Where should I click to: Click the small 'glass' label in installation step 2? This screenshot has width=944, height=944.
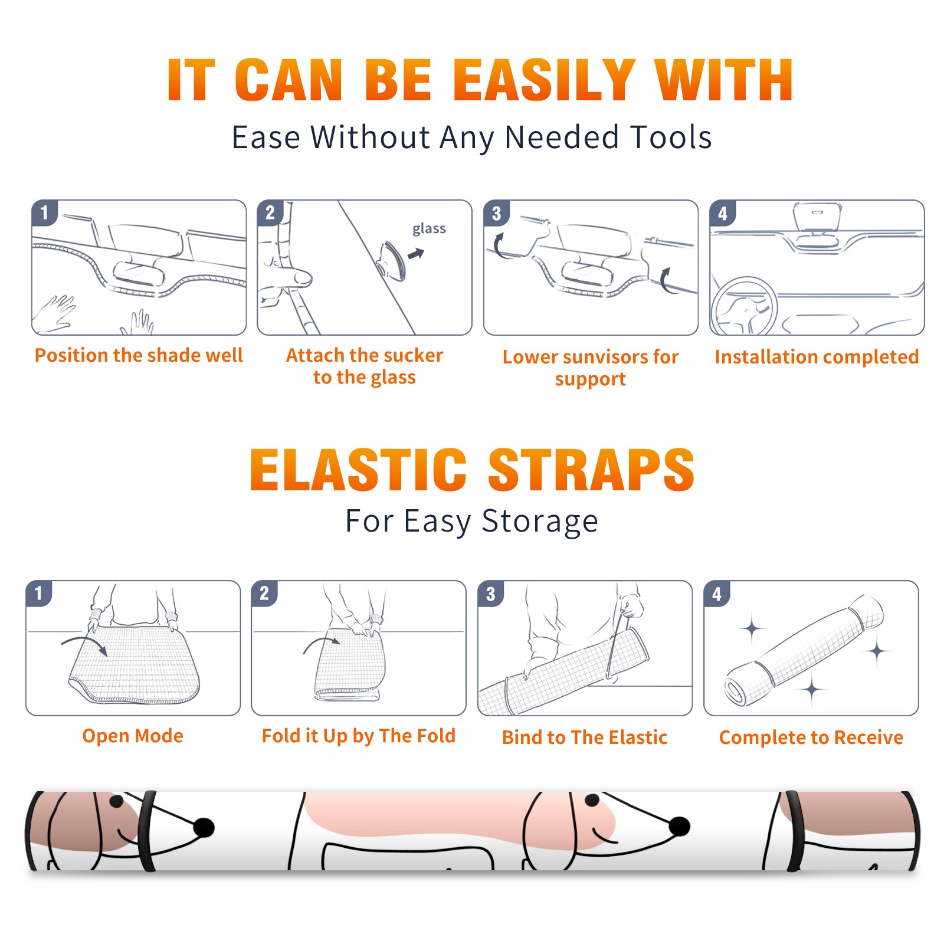tap(429, 229)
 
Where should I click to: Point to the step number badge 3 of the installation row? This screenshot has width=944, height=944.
tap(496, 213)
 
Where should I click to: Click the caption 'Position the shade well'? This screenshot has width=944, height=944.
tap(139, 355)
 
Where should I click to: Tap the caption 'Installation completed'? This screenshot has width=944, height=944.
tap(817, 357)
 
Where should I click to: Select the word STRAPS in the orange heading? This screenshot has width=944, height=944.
tap(591, 470)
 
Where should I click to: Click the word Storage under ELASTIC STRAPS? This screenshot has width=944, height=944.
tap(540, 522)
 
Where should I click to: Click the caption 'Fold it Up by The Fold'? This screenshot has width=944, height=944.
tap(359, 736)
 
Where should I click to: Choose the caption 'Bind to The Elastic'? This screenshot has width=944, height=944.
tap(585, 737)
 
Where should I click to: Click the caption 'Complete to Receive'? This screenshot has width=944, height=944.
tap(811, 737)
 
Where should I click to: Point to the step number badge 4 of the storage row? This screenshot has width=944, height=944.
tap(717, 594)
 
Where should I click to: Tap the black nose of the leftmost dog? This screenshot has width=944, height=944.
tap(204, 827)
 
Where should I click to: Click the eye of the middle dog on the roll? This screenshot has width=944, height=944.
tap(592, 801)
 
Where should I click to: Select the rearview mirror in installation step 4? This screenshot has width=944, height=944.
tap(818, 241)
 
